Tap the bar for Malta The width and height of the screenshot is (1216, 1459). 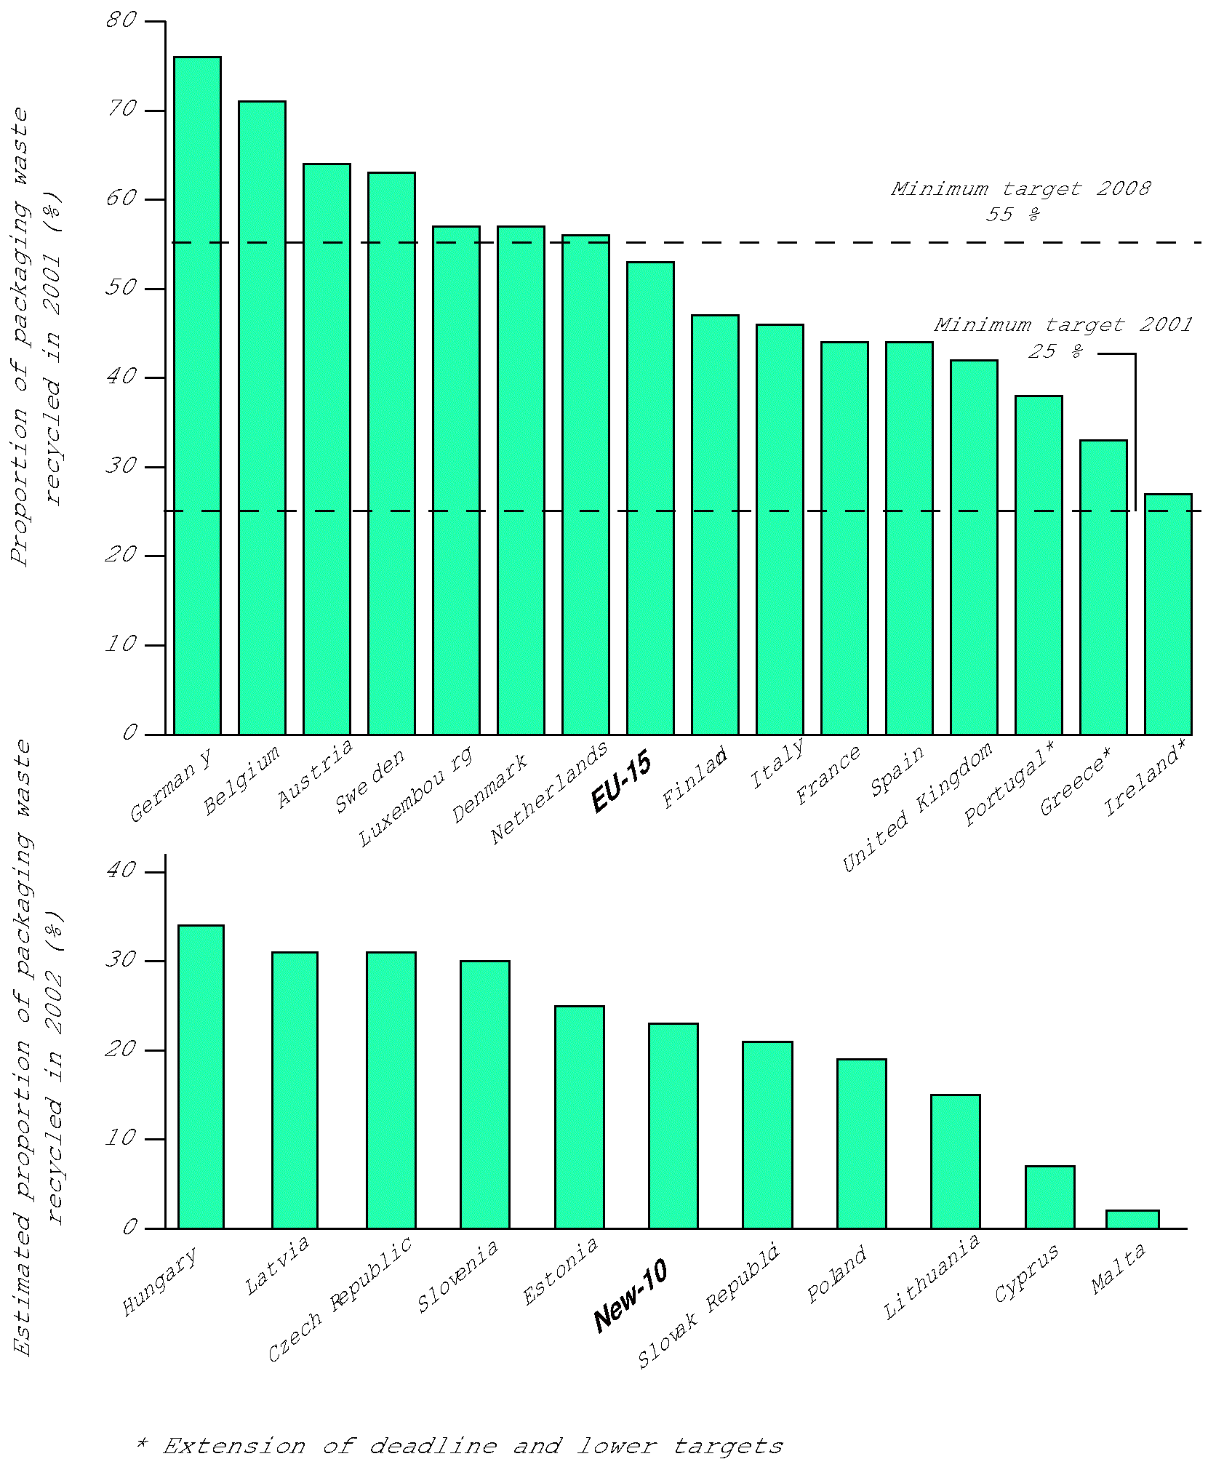(x=1132, y=1220)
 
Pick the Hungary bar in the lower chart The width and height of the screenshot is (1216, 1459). (x=201, y=1077)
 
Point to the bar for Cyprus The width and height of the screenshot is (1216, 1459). (x=1049, y=1197)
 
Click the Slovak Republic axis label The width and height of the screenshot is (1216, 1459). (x=708, y=1306)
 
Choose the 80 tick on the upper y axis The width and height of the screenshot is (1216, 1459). (x=121, y=20)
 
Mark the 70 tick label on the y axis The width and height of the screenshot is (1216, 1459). (x=121, y=110)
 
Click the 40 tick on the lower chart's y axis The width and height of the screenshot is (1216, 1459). (x=121, y=871)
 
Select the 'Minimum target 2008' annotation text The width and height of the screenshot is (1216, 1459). (x=1021, y=189)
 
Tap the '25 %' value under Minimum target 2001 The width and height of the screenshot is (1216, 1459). (x=1055, y=352)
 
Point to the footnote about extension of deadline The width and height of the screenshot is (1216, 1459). (x=460, y=1446)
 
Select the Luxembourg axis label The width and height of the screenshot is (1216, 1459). (x=415, y=797)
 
